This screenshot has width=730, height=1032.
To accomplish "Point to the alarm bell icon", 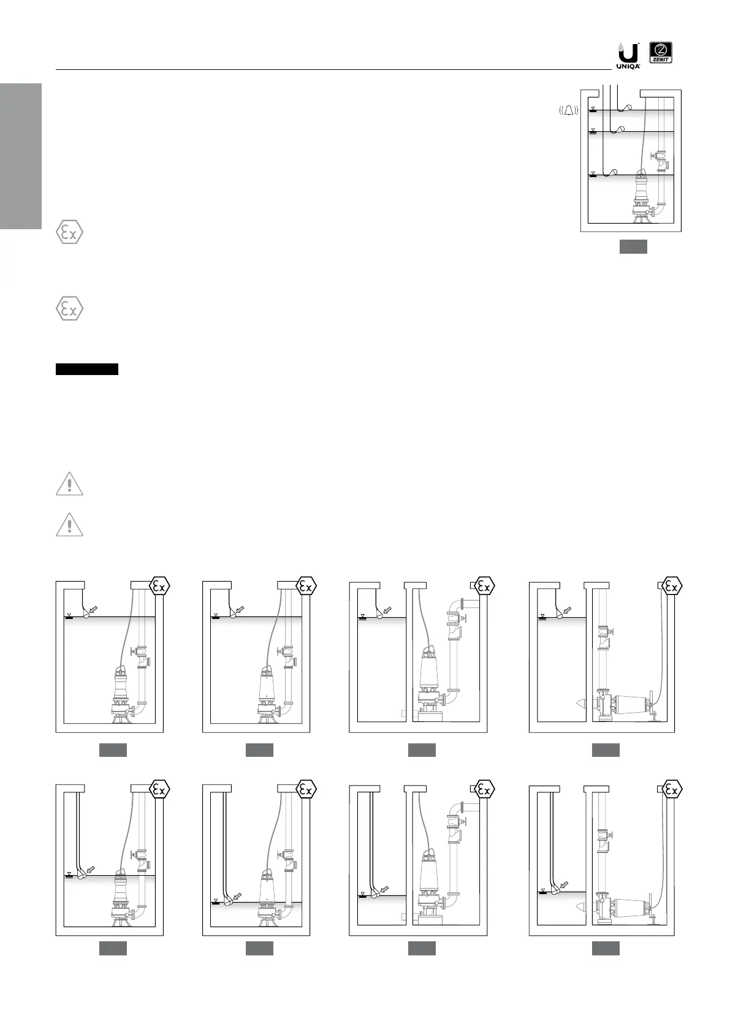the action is click(569, 111).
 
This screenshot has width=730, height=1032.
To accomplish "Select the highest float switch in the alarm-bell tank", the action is click(626, 108).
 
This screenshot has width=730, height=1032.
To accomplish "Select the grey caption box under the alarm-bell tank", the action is click(633, 247).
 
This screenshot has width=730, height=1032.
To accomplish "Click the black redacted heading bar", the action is click(86, 369).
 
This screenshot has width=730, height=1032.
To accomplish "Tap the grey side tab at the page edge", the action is click(20, 156).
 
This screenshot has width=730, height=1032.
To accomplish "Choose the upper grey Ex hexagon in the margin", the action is click(70, 233).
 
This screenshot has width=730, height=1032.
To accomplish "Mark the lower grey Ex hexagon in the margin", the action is click(70, 308).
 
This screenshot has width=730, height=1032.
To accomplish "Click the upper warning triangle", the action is click(70, 484).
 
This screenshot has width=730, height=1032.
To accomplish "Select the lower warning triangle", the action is click(70, 525).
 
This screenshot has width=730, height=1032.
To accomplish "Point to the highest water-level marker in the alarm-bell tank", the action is click(593, 110).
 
